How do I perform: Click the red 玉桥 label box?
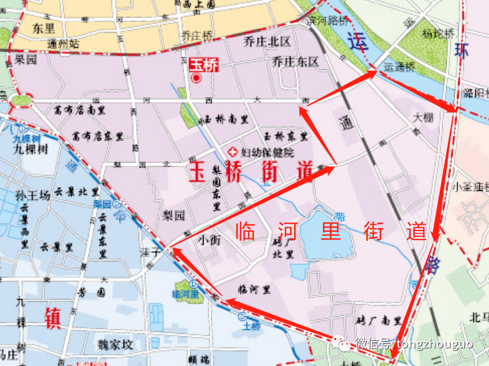tap(204, 64)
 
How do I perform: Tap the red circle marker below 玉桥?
tap(196, 79)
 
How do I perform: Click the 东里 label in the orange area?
tap(45, 28)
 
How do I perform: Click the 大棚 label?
tap(423, 118)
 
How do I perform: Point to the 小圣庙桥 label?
tap(471, 186)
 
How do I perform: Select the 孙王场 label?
tap(32, 196)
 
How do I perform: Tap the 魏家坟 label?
tap(115, 345)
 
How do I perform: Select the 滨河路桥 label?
tap(328, 20)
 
